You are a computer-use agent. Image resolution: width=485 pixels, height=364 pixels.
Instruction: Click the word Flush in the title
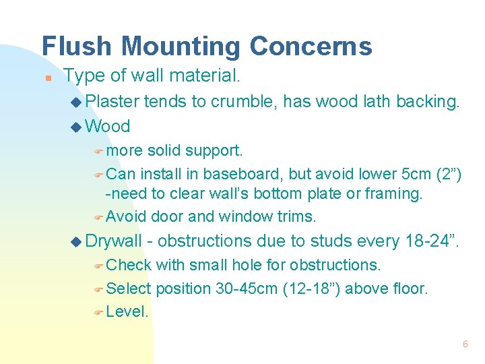[73, 47]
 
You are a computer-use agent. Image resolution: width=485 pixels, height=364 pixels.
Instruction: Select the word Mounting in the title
[176, 47]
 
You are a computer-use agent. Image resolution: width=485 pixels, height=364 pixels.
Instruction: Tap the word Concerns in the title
[311, 47]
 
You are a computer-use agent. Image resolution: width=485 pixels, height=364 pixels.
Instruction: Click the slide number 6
[465, 344]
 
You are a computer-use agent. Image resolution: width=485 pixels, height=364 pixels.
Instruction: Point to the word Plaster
[112, 101]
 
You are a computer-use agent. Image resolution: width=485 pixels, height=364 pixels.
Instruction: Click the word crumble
[243, 101]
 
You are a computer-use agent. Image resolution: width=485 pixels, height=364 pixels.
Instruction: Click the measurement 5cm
[414, 174]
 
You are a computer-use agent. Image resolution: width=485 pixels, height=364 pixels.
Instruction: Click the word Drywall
[114, 241]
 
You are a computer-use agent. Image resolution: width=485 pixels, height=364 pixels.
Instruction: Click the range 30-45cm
[247, 289]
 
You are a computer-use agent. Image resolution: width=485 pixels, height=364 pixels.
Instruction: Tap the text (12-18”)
[315, 289]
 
